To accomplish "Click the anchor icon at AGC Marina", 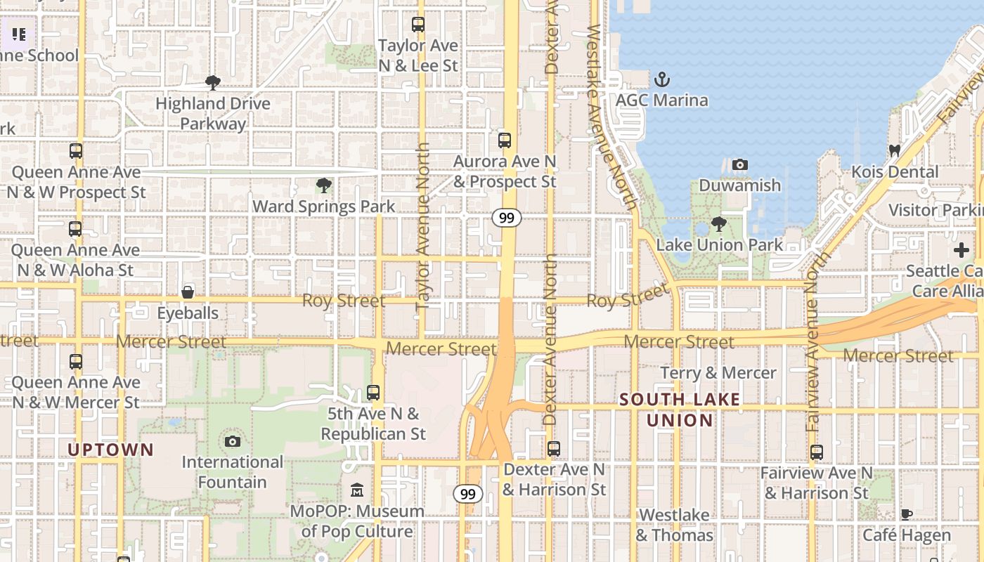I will point(661,79).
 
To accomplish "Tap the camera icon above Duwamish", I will point(739,165).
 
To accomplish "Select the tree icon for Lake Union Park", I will point(718,224).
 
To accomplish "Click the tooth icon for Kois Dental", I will point(894,150).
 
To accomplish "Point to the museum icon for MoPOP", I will point(357,490).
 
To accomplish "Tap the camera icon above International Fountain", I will point(232,441).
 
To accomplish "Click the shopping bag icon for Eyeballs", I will point(188,292).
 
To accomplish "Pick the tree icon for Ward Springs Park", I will point(323,185).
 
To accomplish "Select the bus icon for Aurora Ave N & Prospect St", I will point(504,140).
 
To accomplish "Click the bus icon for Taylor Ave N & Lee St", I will point(418,25).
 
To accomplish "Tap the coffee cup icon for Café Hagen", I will point(907,514).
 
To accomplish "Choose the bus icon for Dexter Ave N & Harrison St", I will point(554,448).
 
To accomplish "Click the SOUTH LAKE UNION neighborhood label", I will point(680,410).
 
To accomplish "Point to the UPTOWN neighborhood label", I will point(110,450).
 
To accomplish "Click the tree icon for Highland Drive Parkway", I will point(212,83).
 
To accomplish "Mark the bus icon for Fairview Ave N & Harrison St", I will point(816,452).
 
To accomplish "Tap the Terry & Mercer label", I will point(718,373).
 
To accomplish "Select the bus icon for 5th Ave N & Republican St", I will point(373,393).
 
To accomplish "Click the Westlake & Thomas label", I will point(674,525).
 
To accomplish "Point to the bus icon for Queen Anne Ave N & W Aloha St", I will point(75,229).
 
